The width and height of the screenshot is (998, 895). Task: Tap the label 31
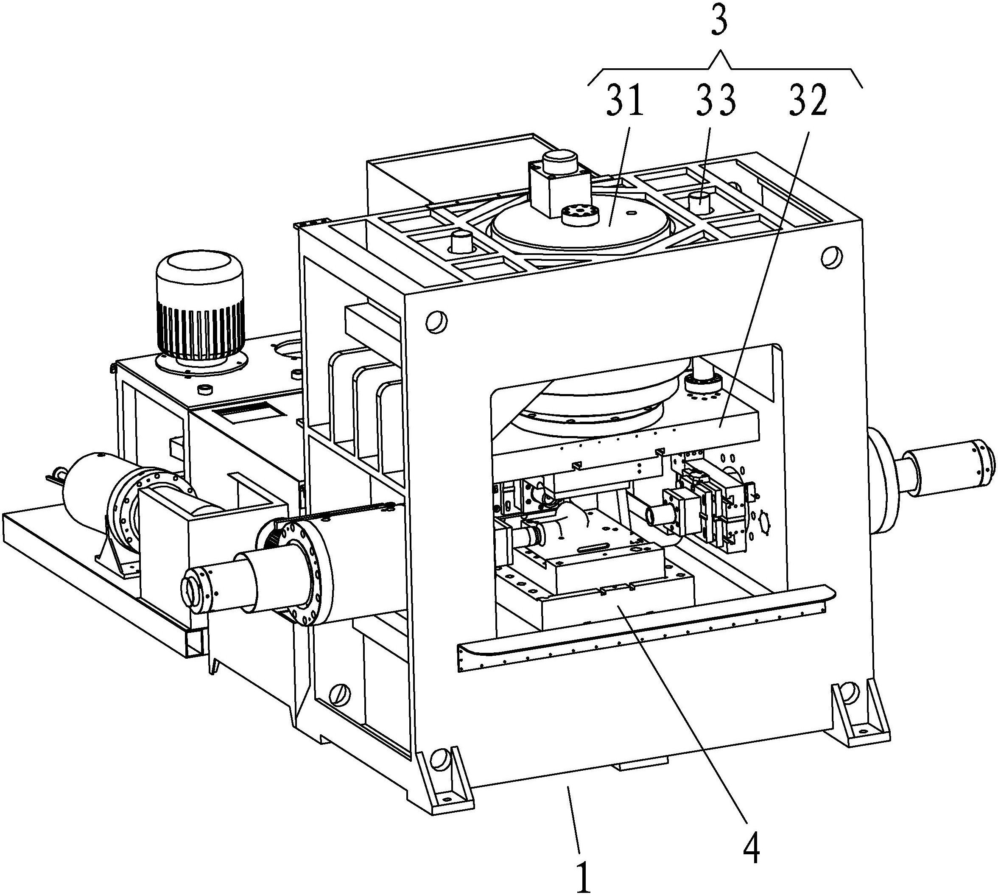624,101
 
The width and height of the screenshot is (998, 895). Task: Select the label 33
716,101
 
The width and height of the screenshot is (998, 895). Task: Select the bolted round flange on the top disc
581,215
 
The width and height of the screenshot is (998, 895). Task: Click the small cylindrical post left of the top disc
462,241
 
